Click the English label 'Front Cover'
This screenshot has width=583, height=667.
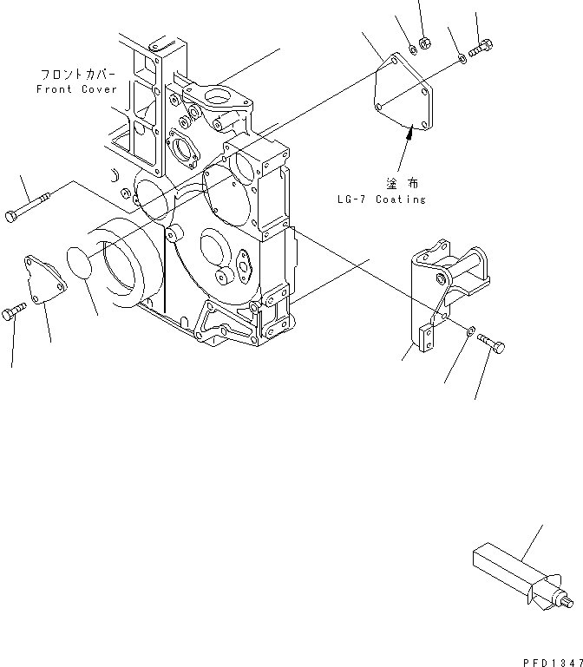(x=76, y=89)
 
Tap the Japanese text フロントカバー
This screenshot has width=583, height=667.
(x=76, y=75)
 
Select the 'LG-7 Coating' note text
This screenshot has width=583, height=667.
(x=382, y=199)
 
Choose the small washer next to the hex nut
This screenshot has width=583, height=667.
(x=412, y=48)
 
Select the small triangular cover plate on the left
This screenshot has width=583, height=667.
(x=45, y=278)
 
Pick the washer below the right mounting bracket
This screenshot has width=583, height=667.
(x=468, y=330)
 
